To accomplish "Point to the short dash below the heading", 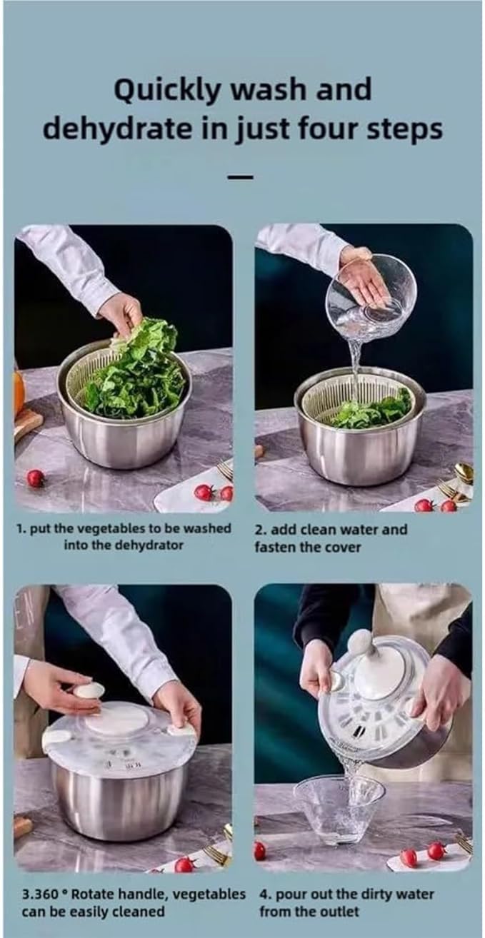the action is pos(240,177).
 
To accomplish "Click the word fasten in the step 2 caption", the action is pos(275,548).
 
